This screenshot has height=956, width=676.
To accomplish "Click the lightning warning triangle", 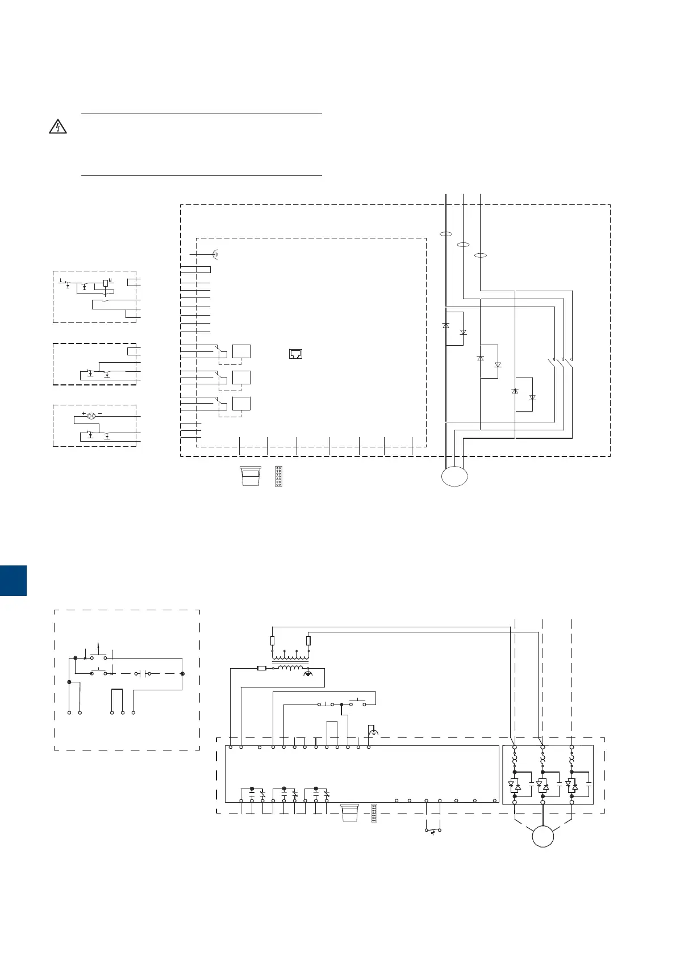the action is click(x=57, y=127).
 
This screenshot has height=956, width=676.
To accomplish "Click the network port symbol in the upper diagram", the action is click(x=295, y=354).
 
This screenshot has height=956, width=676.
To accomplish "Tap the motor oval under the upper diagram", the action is click(x=454, y=476).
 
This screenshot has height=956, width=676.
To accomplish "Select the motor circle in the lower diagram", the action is click(x=543, y=836).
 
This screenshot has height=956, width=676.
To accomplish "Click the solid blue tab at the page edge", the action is click(x=13, y=580).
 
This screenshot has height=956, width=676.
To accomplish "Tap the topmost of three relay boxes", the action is click(x=241, y=351).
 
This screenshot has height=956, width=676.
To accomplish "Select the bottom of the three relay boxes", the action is click(x=241, y=404).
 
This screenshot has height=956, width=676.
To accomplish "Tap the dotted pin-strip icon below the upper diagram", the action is click(x=278, y=476).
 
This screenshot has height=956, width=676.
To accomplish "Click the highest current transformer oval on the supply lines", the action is click(x=446, y=233).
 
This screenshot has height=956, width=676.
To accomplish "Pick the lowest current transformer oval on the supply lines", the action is click(x=481, y=255).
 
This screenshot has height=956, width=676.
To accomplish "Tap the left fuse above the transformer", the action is click(x=273, y=640).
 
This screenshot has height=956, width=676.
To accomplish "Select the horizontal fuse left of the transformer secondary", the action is click(x=262, y=668).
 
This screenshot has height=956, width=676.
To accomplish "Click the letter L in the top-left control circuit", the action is click(x=61, y=280).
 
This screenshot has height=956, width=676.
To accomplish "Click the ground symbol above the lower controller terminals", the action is click(x=373, y=732).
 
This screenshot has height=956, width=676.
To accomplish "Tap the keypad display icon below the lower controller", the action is click(x=349, y=812).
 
